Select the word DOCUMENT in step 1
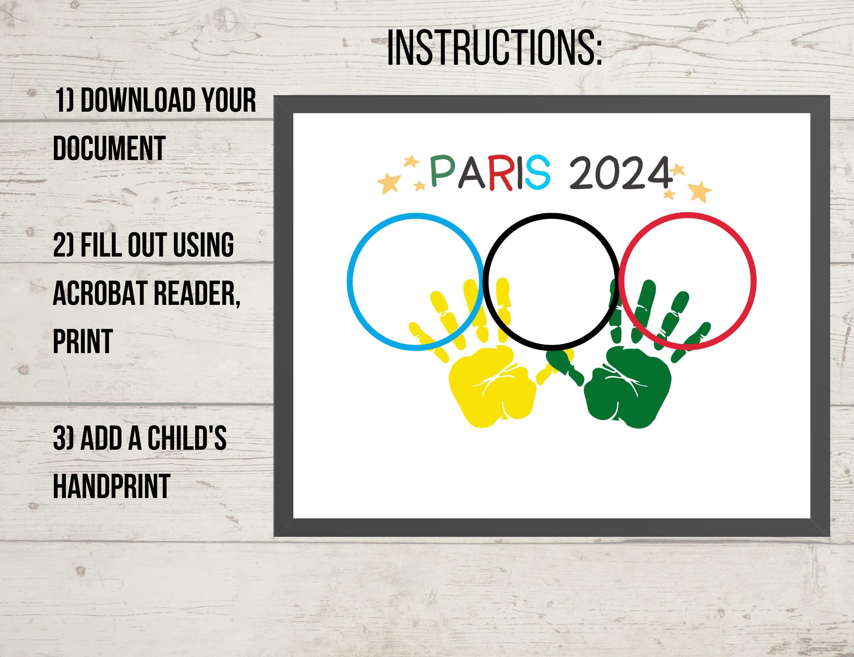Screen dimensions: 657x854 (109, 148)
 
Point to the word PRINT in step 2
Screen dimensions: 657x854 (83, 341)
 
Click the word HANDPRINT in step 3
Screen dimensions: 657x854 (111, 486)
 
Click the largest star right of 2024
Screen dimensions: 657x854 (701, 192)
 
